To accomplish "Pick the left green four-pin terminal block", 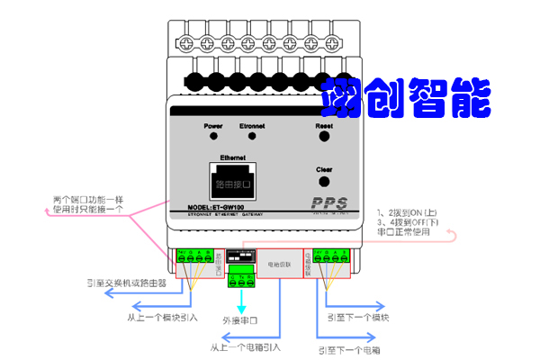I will click(x=194, y=258).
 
